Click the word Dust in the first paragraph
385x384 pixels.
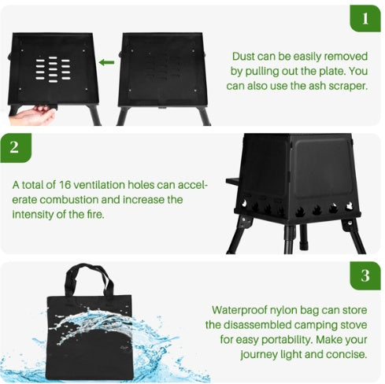pos(245,57)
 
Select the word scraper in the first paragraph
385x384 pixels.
pos(346,85)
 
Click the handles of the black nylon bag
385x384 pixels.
pos(88,279)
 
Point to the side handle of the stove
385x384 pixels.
pos(232,182)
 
